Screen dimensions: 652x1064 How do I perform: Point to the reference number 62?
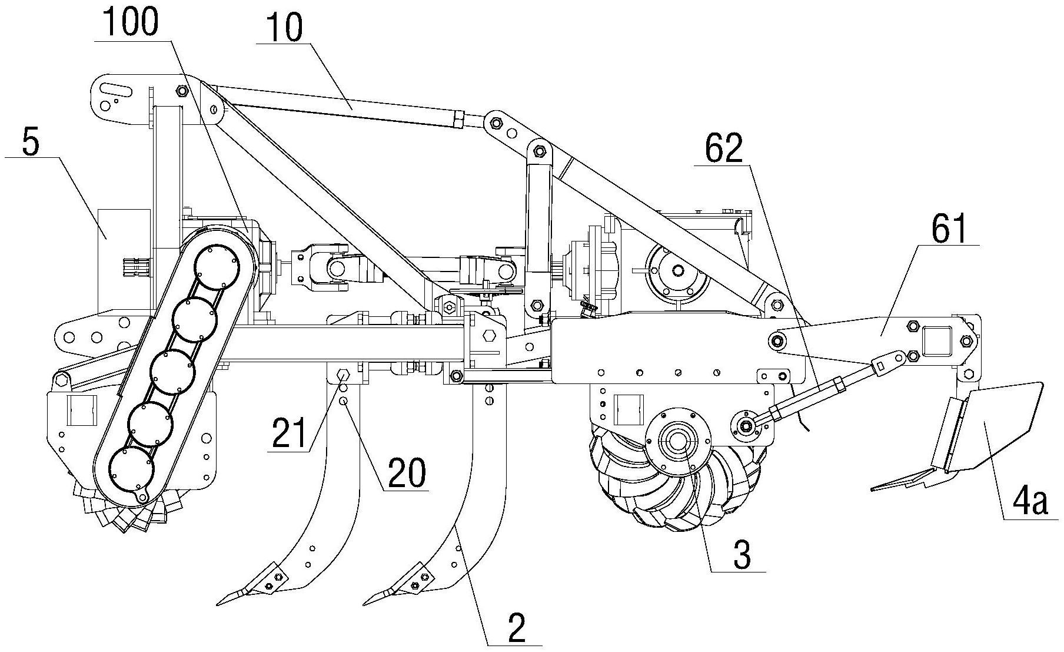(x=724, y=151)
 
